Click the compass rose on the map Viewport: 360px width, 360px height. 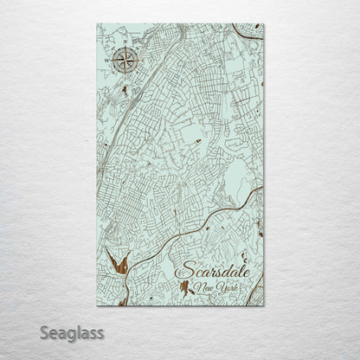tap(124, 60)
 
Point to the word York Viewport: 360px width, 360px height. tap(224, 286)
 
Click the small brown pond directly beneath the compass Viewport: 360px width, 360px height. tap(125, 88)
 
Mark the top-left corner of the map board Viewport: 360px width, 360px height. tap(97, 24)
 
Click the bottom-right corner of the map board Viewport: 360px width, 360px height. tap(264, 305)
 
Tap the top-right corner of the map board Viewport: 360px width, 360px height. tap(264, 24)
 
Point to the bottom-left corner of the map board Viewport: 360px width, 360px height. tap(97, 305)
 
